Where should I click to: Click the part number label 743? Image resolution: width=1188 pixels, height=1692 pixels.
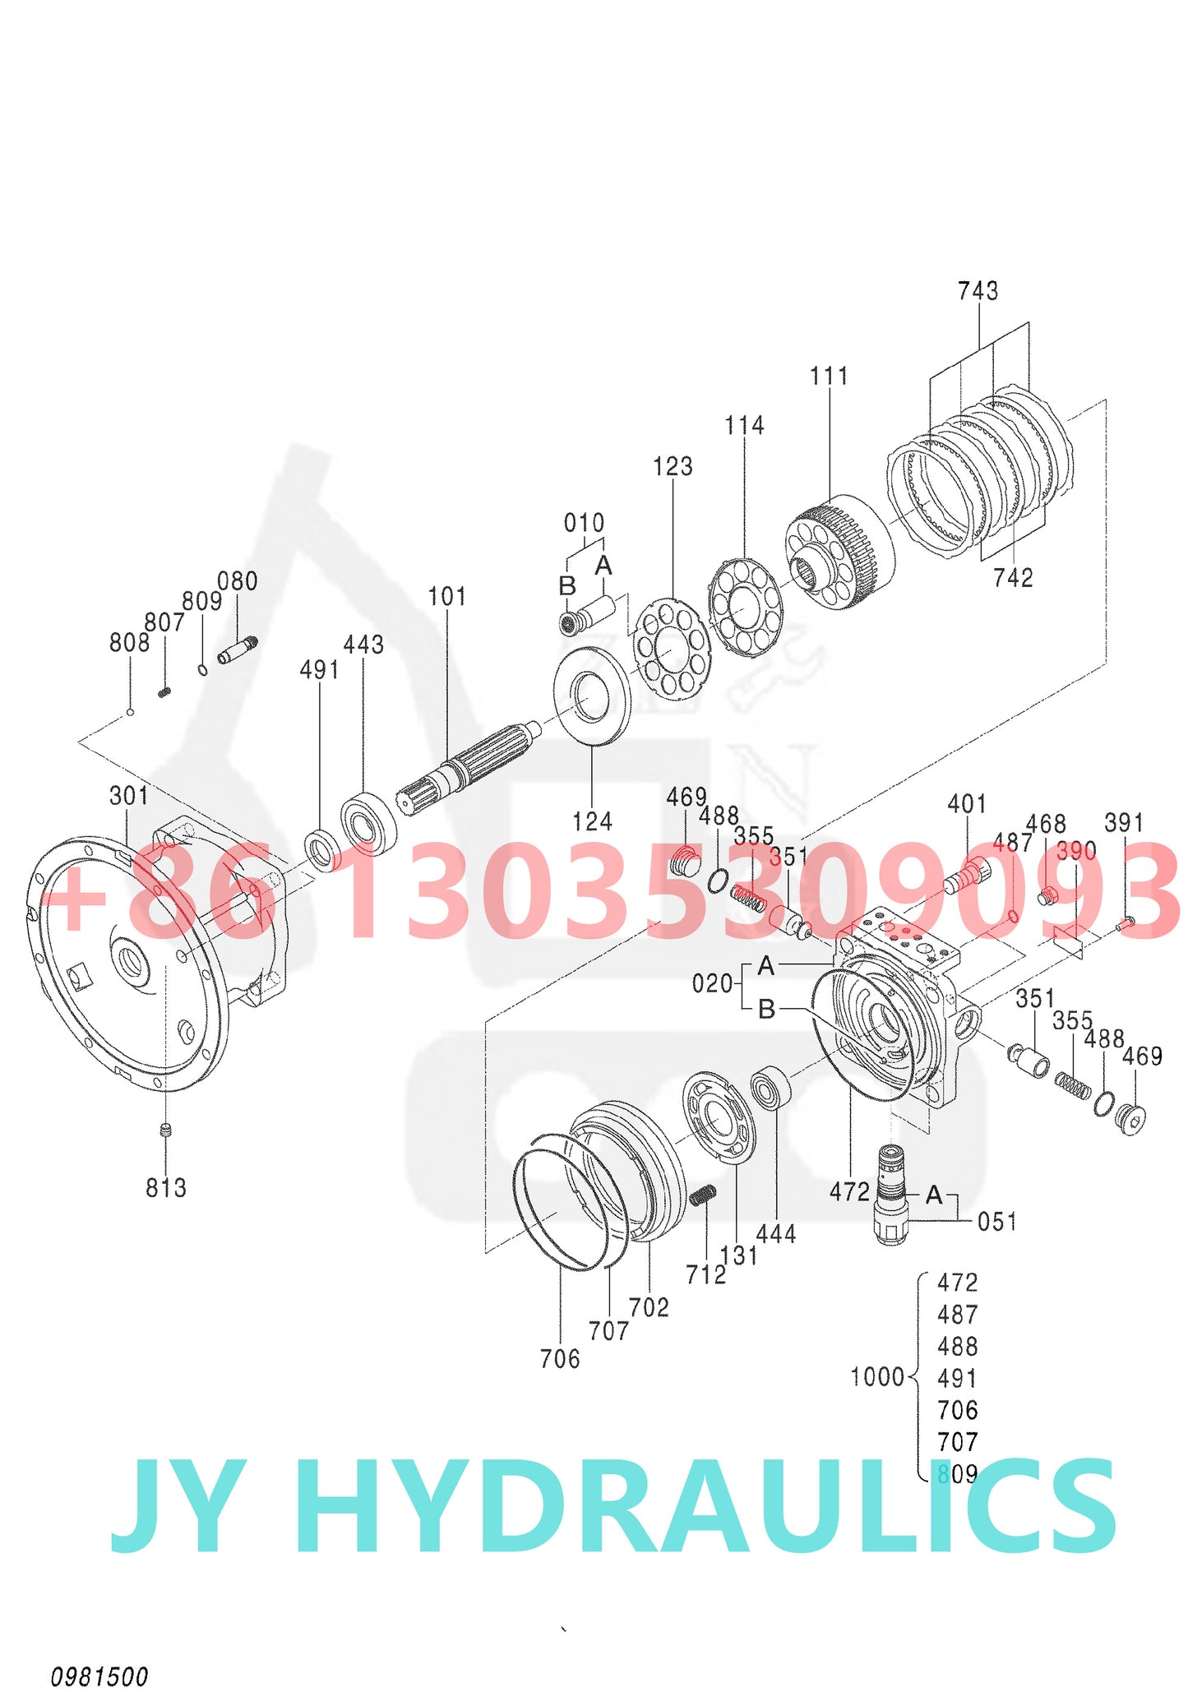coord(978,291)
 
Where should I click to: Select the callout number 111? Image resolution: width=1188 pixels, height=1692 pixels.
coord(828,377)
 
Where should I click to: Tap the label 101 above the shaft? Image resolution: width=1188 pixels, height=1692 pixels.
coord(447,597)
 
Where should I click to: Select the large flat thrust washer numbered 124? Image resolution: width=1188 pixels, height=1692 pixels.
coord(592,696)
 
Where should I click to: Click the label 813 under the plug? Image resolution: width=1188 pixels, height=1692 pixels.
coord(166,1188)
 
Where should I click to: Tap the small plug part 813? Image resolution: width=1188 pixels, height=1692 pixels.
coord(166,1130)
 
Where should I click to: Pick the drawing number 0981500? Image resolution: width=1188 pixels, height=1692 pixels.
coord(99,1676)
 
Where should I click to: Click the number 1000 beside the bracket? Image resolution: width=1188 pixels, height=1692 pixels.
coord(876,1377)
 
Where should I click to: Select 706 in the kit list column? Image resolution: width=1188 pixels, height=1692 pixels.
coord(957,1411)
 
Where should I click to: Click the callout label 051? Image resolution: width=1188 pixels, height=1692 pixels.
coord(996,1222)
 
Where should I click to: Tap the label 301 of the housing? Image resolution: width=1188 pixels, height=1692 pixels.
coord(129,796)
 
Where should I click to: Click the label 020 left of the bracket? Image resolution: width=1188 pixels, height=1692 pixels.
coord(711,983)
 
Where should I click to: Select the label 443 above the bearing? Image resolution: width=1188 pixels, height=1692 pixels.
coord(363,645)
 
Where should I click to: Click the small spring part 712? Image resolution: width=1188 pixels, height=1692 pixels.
coord(703,1195)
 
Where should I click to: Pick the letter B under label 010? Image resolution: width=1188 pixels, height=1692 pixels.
coord(567,586)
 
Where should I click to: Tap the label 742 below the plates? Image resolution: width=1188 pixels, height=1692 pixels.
coord(1012,578)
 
